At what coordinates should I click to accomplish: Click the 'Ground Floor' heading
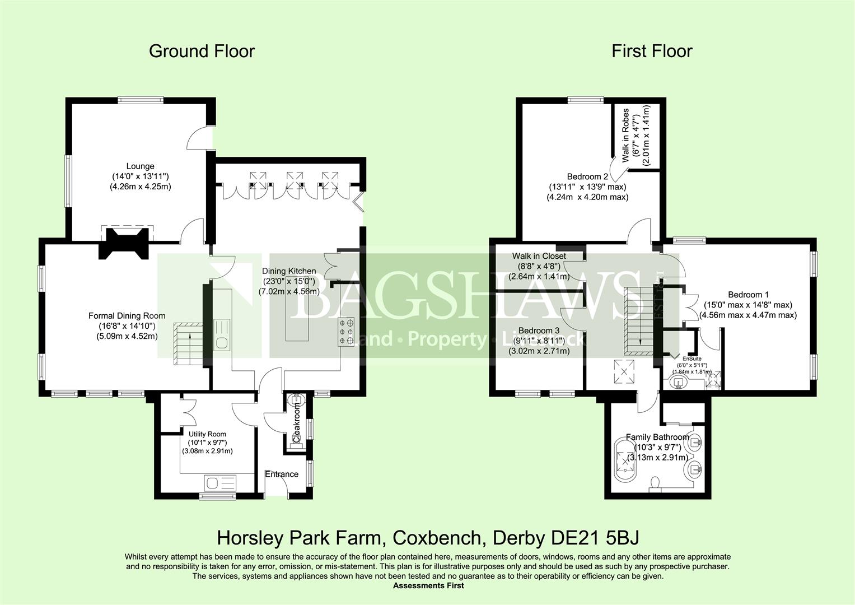(x=202, y=51)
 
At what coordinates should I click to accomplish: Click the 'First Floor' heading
(x=652, y=51)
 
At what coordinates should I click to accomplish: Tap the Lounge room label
(x=140, y=166)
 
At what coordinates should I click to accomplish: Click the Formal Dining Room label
(x=127, y=316)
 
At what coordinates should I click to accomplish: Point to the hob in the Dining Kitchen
(x=345, y=332)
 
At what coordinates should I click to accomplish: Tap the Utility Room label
(x=207, y=434)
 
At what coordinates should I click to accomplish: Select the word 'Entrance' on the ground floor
(x=282, y=474)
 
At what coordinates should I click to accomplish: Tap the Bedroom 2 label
(x=587, y=176)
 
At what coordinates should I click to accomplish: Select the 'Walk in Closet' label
(x=539, y=256)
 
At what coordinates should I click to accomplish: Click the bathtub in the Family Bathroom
(x=624, y=461)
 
